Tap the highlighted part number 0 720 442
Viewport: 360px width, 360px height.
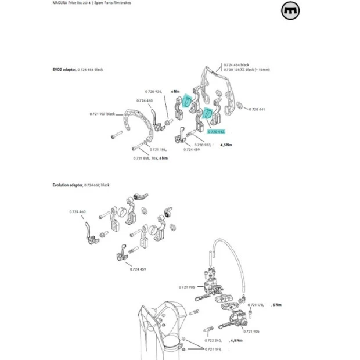pos(216,132)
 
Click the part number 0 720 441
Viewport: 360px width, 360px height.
pos(257,109)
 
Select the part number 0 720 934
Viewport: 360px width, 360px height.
pos(154,91)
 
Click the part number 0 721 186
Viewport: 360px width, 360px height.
pos(156,149)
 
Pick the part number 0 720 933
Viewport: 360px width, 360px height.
pos(200,145)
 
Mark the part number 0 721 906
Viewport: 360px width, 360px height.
pos(187,286)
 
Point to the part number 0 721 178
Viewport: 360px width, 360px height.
pos(257,304)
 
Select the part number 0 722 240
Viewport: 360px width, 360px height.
pos(214,340)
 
